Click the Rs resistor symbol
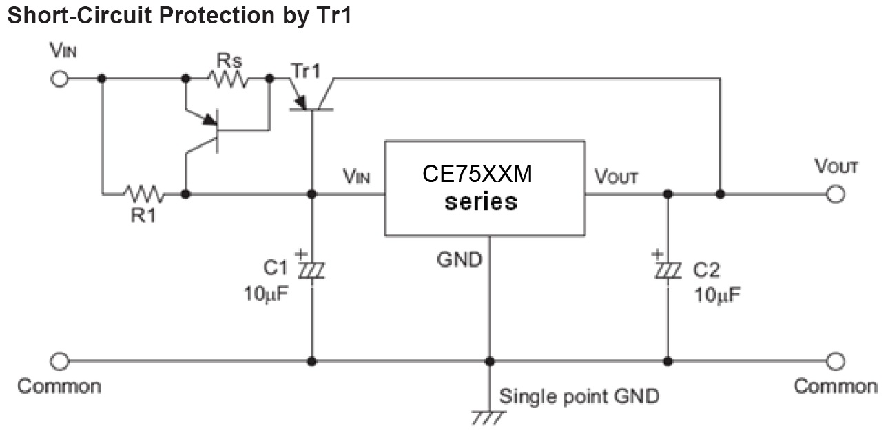click(227, 79)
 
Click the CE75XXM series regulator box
click(484, 188)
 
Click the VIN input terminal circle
click(60, 79)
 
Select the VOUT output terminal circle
click(836, 194)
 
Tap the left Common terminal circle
click(60, 361)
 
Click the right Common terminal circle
click(836, 361)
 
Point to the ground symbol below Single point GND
click(489, 417)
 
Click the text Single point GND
click(579, 396)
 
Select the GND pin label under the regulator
click(459, 261)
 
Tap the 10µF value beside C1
click(265, 294)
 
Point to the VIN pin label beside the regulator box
click(356, 177)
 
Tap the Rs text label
click(228, 59)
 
